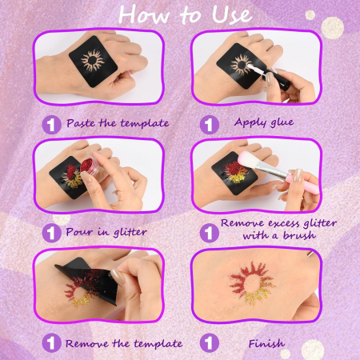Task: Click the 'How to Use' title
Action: (x=185, y=14)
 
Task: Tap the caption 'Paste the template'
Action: (x=118, y=123)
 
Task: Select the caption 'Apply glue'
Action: (x=264, y=122)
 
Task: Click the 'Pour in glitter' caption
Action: (x=106, y=232)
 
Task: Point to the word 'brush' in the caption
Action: (x=299, y=235)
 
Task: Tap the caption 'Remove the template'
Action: (x=124, y=343)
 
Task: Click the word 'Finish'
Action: (x=266, y=343)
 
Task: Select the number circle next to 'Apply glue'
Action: (x=210, y=125)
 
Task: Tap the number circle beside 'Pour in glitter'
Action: (x=51, y=233)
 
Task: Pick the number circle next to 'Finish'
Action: (x=210, y=342)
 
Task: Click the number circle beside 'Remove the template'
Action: (x=51, y=342)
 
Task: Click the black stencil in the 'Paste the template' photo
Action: (x=94, y=62)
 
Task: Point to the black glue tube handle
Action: (x=278, y=79)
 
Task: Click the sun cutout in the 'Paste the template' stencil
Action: (x=92, y=61)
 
